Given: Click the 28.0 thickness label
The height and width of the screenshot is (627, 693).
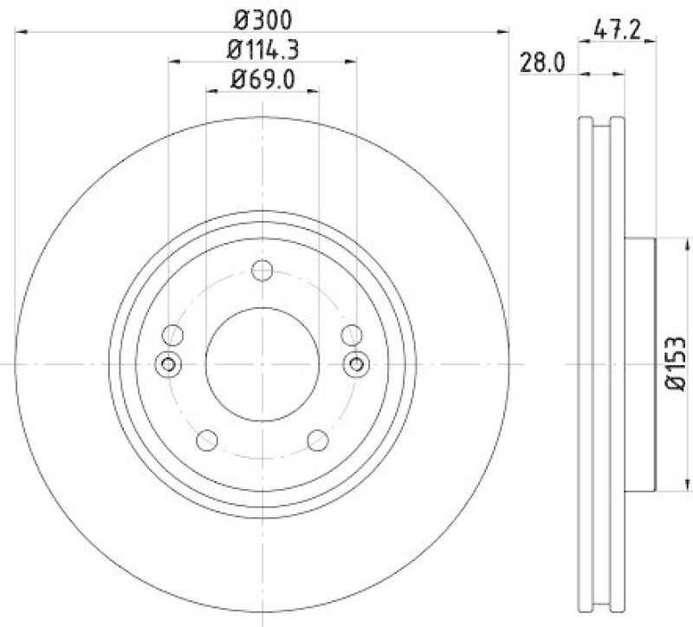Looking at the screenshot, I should click(x=542, y=62).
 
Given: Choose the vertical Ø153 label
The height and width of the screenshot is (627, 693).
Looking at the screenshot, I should click(x=677, y=365).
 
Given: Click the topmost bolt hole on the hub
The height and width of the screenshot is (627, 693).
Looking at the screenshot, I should click(x=262, y=271).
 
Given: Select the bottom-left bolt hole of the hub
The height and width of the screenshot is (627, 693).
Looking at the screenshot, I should click(x=206, y=440).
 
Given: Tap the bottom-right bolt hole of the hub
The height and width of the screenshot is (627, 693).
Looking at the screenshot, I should click(x=317, y=440).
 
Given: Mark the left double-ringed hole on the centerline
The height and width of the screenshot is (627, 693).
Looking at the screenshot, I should click(x=169, y=364).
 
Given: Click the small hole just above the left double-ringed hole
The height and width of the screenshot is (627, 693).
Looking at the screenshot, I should click(x=173, y=334).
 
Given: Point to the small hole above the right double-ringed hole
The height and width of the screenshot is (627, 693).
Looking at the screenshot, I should click(x=351, y=334).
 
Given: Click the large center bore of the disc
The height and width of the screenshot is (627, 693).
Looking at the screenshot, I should click(x=262, y=364).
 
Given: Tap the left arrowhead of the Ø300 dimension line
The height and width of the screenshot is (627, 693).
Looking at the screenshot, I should click(x=22, y=32).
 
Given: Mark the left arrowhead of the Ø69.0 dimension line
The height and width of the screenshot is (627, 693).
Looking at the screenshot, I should click(x=210, y=90).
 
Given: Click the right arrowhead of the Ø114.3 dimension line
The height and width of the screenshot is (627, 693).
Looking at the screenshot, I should click(x=351, y=62).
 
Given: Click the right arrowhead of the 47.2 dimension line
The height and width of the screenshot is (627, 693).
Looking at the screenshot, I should click(x=652, y=39).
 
